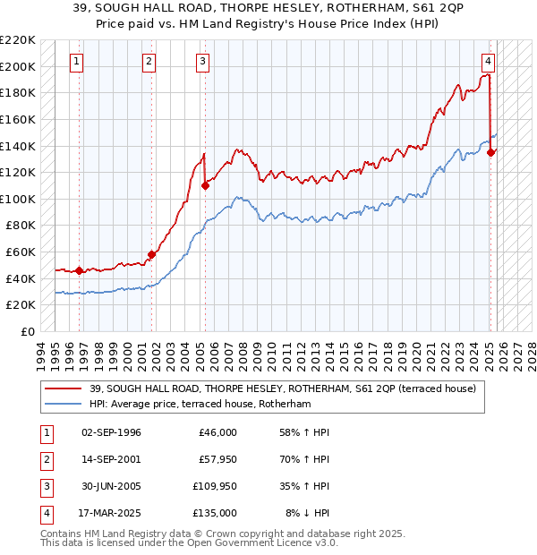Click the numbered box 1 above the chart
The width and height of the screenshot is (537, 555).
77,62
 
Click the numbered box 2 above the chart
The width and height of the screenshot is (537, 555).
149,62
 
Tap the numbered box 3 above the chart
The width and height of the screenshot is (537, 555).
203,62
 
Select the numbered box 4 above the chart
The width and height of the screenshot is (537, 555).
488,62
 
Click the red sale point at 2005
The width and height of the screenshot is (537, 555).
205,185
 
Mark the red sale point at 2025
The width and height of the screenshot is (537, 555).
490,152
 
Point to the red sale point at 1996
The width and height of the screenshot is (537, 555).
79,270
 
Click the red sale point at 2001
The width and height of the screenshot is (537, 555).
151,254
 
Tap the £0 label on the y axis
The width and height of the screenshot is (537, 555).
26,331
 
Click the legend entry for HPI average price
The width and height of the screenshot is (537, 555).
199,404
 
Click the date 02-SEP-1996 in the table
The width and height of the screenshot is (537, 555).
112,432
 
